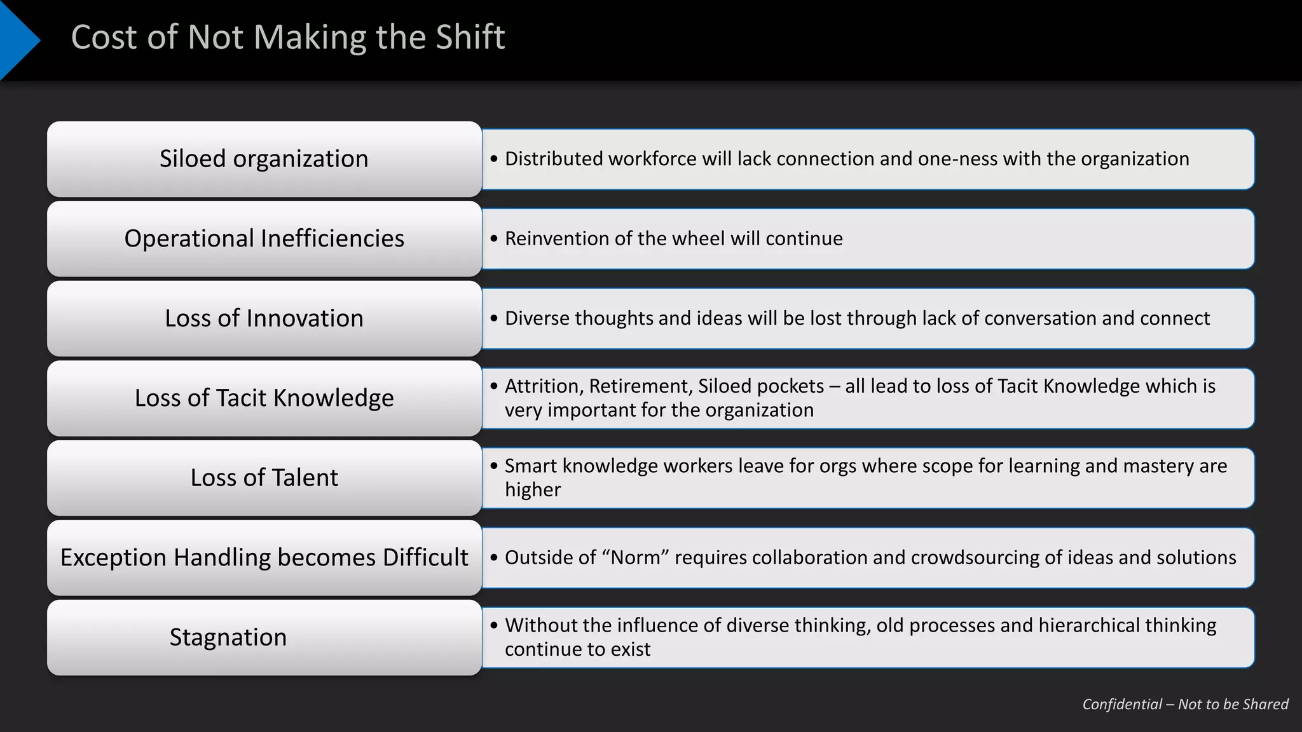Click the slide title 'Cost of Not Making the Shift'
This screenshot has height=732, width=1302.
[x=288, y=37]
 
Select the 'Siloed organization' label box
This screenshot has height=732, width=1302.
[x=264, y=159]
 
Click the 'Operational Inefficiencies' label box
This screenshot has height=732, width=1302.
[x=264, y=239]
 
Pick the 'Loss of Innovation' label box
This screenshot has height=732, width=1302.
[x=264, y=318]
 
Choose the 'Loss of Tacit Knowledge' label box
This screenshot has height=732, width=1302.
[x=264, y=398]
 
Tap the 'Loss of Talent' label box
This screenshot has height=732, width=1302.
[x=264, y=478]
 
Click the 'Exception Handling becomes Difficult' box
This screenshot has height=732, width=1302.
[x=264, y=558]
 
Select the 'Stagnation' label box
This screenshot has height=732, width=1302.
[x=264, y=637]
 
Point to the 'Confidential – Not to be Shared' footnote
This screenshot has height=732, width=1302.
[x=1185, y=704]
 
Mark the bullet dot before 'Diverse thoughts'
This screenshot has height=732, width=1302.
[x=494, y=318]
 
